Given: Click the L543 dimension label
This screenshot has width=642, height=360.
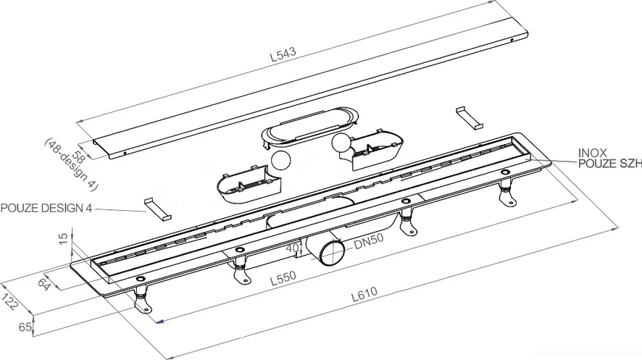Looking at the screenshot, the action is point(283,54).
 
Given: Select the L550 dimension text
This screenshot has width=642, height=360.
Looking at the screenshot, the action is point(283,277).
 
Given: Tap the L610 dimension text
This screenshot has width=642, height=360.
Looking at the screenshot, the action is point(364,294).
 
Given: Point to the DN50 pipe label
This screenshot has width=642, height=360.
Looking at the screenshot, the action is point(369,241).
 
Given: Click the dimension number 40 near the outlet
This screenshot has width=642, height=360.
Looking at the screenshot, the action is point(292,248).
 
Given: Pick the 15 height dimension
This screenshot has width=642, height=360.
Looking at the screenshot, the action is point(63,239).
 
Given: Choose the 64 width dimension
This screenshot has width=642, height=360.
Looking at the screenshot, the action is point(43,285).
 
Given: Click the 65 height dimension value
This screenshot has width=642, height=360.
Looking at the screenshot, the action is point(25,327).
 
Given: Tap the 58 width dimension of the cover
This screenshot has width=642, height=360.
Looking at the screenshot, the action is point(77,156).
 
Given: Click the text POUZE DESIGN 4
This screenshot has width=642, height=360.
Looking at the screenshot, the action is point(46,208).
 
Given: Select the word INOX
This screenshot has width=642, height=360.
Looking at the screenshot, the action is point(592,153).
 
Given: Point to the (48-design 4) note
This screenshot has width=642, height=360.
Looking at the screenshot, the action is point(70,165).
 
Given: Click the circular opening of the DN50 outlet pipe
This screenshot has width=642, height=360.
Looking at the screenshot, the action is point(332,254).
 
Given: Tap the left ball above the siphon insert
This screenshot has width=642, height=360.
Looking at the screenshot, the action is point(280,161).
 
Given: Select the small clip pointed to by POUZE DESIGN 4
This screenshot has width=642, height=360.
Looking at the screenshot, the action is point(157,210).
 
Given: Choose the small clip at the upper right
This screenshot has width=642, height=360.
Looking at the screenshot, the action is point(470,118).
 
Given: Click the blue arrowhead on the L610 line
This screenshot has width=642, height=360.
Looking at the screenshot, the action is point(160,322).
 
